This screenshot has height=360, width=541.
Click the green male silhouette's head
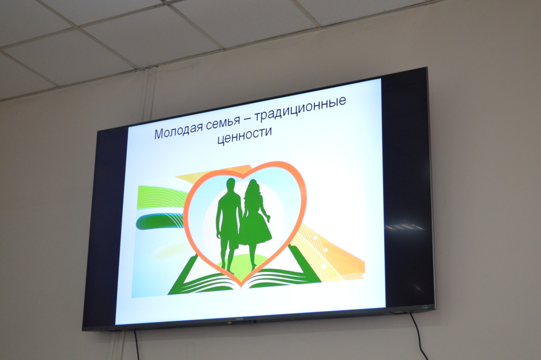point(231,185)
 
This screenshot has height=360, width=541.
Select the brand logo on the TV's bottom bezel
point(239,319)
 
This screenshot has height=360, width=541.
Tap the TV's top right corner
point(427,68)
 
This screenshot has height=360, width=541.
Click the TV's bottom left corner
point(83,330)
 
